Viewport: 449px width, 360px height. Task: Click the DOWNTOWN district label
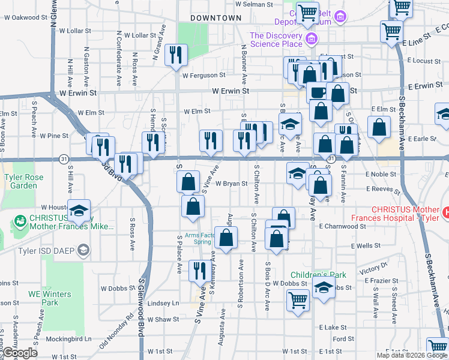(x=215, y=19)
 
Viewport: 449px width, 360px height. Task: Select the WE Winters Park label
(x=49, y=298)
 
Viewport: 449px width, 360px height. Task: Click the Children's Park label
(x=318, y=275)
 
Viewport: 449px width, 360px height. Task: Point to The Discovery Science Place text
(x=276, y=40)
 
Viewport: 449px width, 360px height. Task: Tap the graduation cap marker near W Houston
(x=79, y=210)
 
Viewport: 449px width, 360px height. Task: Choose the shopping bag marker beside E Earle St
(x=379, y=127)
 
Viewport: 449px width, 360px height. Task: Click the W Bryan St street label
(x=232, y=184)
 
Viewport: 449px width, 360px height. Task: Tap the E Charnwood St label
(x=342, y=227)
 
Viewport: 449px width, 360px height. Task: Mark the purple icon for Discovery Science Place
(x=311, y=40)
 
